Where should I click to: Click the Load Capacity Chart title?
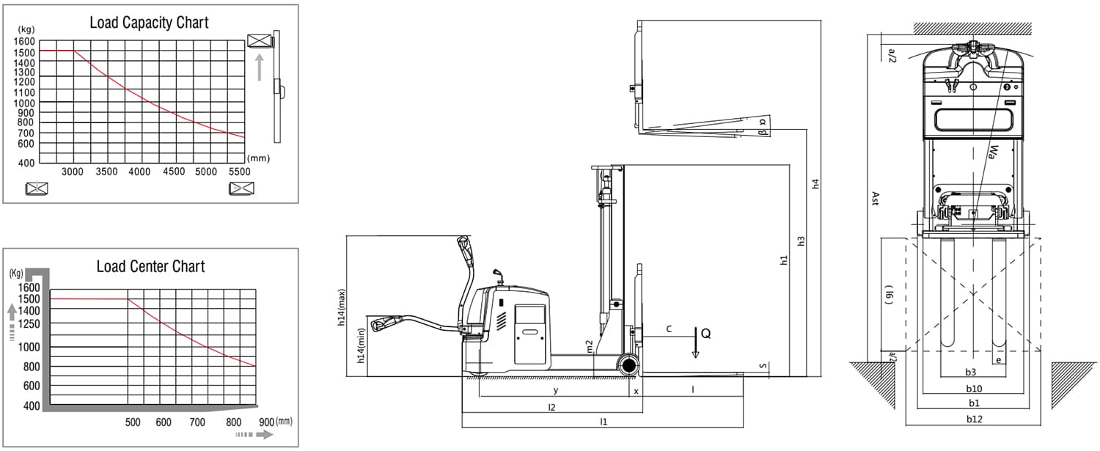(x=150, y=22)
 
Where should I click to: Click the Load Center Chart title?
(x=151, y=266)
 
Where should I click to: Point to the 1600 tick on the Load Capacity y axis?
(x=24, y=41)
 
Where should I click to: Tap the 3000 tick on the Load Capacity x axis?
(x=73, y=172)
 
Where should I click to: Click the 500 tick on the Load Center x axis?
(x=132, y=422)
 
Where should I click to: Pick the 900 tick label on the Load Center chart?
(x=266, y=422)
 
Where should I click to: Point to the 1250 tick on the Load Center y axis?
(x=31, y=323)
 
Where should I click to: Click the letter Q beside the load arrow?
(x=705, y=334)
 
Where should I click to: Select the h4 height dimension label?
(x=815, y=184)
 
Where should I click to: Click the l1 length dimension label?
(x=604, y=422)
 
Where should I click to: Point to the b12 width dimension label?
(x=974, y=419)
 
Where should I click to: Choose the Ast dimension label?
(x=874, y=198)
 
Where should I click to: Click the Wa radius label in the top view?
(x=992, y=152)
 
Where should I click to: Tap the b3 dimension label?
(x=970, y=372)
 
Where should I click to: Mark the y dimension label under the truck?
(x=555, y=390)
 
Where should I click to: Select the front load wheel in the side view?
(x=628, y=365)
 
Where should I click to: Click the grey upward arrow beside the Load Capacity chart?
(x=259, y=67)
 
